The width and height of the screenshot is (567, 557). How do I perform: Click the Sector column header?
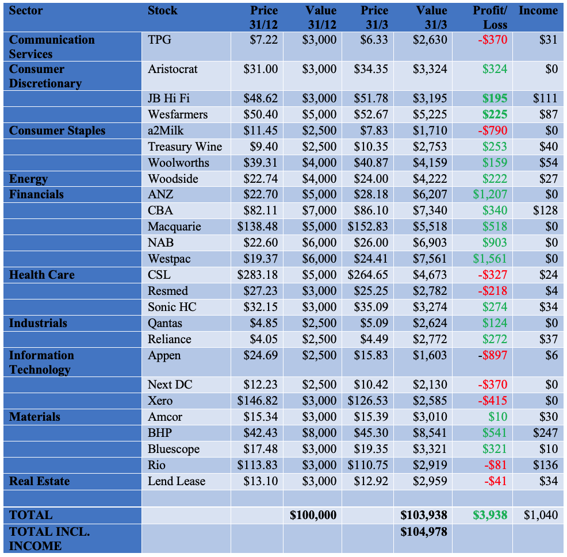[26, 11]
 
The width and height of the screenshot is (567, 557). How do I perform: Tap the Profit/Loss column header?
[490, 17]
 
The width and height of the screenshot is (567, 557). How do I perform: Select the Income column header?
[538, 11]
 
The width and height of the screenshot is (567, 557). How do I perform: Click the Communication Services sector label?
[52, 47]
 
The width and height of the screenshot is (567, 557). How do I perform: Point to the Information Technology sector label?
[41, 362]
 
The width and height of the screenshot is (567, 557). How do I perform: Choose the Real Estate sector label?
[39, 481]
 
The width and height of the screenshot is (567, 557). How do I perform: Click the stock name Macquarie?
[174, 226]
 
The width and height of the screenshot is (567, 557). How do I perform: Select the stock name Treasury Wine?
[185, 147]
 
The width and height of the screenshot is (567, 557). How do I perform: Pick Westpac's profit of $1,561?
[490, 259]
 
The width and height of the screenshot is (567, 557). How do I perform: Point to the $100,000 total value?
[312, 515]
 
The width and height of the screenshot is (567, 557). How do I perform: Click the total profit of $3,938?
[490, 515]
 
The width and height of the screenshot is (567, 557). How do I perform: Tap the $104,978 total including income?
[424, 532]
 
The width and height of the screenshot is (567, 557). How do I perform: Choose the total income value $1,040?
[541, 515]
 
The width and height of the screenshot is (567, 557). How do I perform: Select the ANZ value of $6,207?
[430, 194]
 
